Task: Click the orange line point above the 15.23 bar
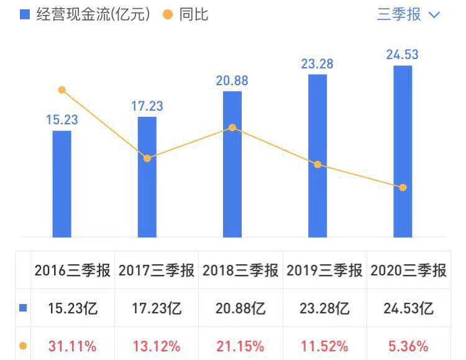pos(62,90)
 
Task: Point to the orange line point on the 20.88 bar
pos(232,127)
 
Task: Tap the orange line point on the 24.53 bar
pos(403,187)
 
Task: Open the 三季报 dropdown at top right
pos(408,14)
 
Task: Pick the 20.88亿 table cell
pos(240,308)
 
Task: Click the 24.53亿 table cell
pos(408,308)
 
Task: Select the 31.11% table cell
pos(73,346)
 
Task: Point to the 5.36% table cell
pos(408,346)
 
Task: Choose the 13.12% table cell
pos(156,346)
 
